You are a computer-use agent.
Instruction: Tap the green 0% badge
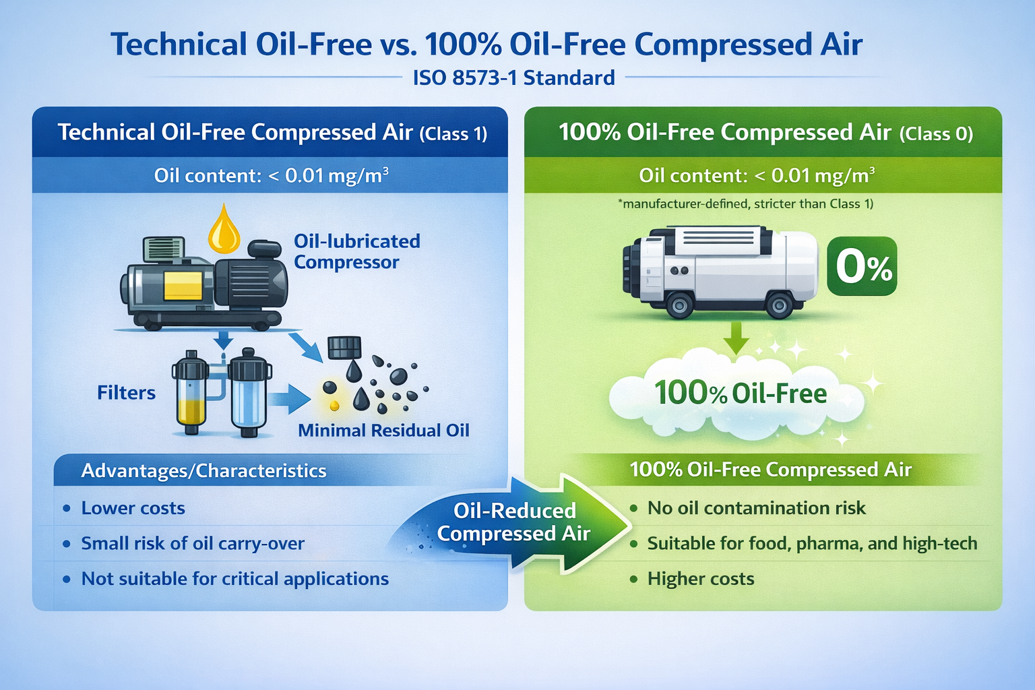point(862,266)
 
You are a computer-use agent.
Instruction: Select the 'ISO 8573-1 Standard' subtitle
point(514,77)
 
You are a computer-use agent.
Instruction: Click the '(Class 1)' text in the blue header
point(453,134)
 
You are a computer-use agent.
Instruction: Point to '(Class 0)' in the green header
point(936,134)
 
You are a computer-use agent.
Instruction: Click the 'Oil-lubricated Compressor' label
point(357,251)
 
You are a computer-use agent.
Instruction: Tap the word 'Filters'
point(126,393)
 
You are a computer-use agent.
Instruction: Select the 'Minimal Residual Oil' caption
point(383,431)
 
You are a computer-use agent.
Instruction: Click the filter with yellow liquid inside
point(191,392)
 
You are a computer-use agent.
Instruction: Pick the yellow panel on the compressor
point(183,286)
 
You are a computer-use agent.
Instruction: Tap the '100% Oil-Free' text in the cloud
point(741,393)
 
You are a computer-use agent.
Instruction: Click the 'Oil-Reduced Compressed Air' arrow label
point(514,522)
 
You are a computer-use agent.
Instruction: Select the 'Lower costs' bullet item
point(133,508)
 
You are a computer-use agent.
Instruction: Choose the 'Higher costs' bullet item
point(701,579)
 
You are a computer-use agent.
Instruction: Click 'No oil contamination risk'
point(757,508)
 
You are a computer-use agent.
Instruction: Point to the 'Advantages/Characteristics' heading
point(203,470)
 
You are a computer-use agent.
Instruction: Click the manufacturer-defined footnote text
point(745,203)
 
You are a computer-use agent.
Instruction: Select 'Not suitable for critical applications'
point(235,579)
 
